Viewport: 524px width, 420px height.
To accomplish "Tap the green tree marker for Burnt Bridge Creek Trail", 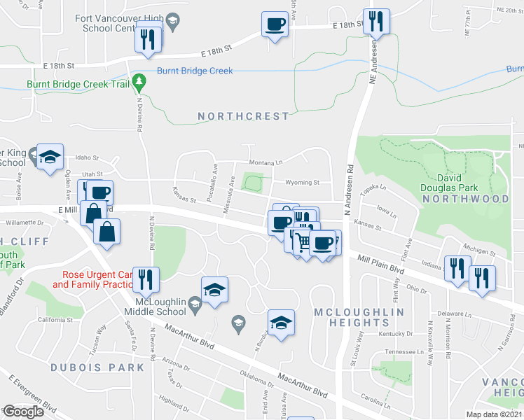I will pyautogui.click(x=140, y=83).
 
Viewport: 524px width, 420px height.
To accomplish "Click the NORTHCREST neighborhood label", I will pyautogui.click(x=243, y=116).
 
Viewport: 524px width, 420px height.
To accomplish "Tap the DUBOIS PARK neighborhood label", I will pyautogui.click(x=106, y=367).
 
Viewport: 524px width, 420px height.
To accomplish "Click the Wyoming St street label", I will pyautogui.click(x=302, y=183).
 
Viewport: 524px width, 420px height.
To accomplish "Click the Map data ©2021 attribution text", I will pyautogui.click(x=495, y=414).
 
